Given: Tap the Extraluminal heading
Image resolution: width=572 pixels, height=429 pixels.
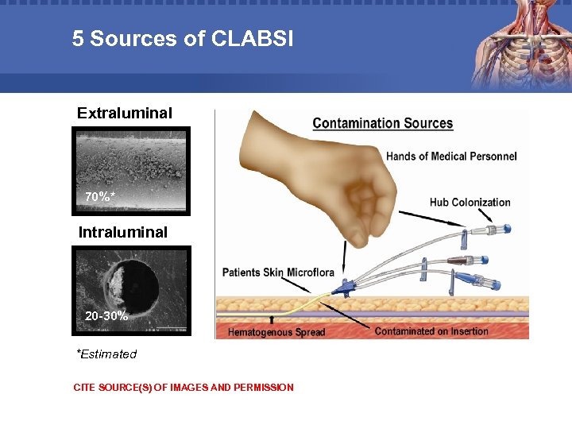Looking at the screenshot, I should coord(124,113).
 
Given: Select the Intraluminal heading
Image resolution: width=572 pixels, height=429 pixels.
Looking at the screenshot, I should coord(123,232).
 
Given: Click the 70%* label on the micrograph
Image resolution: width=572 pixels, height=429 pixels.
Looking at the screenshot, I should coord(101,196).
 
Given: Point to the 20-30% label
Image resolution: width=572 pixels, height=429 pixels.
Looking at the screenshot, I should coord(106,315).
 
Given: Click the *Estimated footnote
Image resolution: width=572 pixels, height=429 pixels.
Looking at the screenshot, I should coord(106,354).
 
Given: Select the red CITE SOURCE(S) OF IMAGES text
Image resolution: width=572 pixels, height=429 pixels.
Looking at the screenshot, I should coord(183,388).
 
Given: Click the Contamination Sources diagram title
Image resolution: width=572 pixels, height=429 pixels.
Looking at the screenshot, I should coord(382,123).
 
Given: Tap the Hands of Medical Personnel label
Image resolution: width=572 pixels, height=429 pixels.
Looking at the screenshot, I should coord(450,156).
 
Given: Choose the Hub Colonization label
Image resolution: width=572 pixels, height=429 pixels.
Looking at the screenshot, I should coord(470,202).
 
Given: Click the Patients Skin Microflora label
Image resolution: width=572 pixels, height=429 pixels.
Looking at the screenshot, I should coord(278,272).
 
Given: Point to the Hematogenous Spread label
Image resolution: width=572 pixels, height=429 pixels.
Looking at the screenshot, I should coord(276,332).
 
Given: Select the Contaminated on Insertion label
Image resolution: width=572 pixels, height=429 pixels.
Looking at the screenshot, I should coord(431,331).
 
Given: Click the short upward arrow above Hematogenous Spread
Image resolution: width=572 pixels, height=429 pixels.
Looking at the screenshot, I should coord(272,319).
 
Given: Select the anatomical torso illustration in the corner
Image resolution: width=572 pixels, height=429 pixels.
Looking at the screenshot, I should coord(520,44).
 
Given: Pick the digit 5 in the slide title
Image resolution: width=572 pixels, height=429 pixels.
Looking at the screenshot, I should coord(77,38).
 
